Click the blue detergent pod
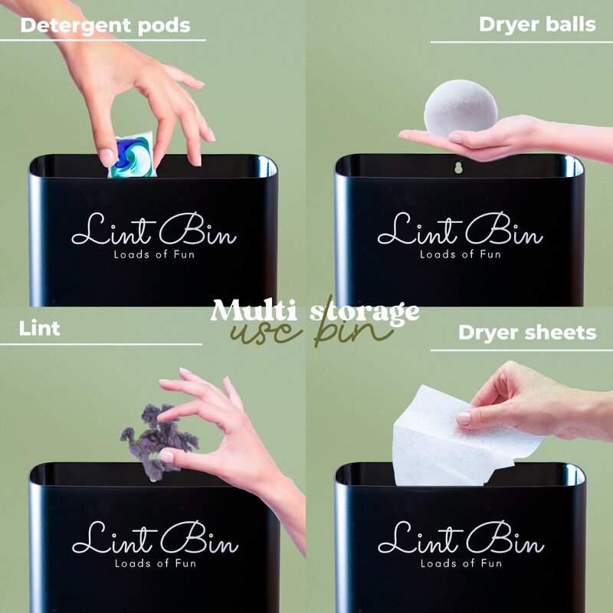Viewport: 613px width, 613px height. pyautogui.click(x=132, y=156)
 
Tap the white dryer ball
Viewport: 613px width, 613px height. pyautogui.click(x=461, y=107)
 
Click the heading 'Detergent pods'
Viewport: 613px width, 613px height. pyautogui.click(x=105, y=26)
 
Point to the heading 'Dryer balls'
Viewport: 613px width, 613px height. pyautogui.click(x=537, y=25)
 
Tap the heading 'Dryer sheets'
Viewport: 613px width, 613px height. pyautogui.click(x=527, y=333)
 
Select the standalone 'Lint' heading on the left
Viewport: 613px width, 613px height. pyautogui.click(x=40, y=329)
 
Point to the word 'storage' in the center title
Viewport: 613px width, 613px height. pyautogui.click(x=365, y=313)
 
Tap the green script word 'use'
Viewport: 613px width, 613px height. pyautogui.click(x=267, y=334)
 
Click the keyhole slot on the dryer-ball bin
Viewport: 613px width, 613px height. pyautogui.click(x=458, y=168)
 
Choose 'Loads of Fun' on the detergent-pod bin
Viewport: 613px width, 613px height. pyautogui.click(x=154, y=254)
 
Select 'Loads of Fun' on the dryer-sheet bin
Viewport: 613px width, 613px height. pyautogui.click(x=461, y=563)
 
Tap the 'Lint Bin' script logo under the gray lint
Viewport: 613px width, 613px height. pyautogui.click(x=156, y=537)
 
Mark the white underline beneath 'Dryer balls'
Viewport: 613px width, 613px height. pyautogui.click(x=522, y=42)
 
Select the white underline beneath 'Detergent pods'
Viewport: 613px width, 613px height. pyautogui.click(x=103, y=40)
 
